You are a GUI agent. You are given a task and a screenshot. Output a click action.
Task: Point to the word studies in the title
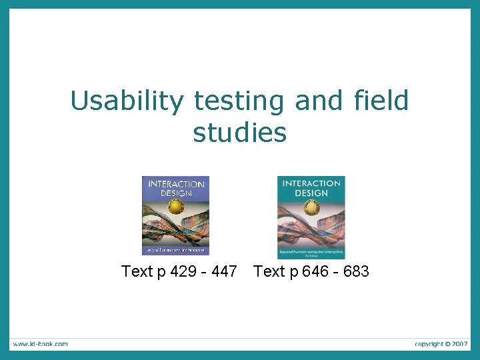(x=239, y=132)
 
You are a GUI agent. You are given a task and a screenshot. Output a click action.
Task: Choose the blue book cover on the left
(x=175, y=215)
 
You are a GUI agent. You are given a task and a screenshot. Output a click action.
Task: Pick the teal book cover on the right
(x=311, y=217)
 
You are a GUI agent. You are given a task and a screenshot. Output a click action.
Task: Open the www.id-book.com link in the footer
(x=39, y=344)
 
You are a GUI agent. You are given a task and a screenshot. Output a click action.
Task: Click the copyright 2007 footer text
(x=441, y=344)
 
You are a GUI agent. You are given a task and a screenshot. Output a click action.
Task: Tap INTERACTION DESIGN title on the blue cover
(x=175, y=188)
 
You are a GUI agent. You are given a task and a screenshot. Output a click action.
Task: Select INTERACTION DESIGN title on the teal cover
(x=311, y=189)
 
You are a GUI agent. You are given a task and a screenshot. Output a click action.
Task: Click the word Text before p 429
(x=137, y=271)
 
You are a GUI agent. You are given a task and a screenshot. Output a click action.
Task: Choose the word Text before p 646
(x=269, y=271)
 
